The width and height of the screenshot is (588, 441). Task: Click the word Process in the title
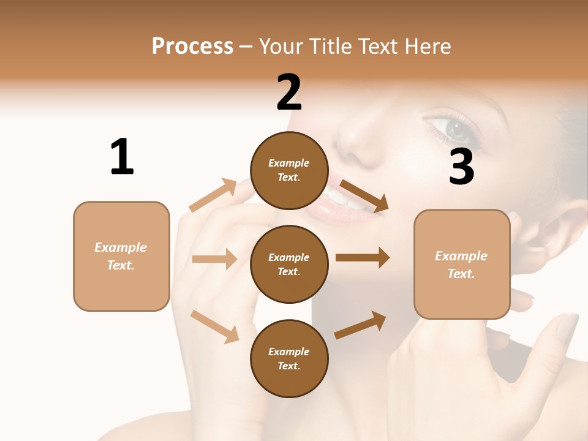tap(192, 47)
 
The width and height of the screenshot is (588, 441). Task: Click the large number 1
tap(122, 157)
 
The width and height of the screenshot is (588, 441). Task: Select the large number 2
tap(289, 92)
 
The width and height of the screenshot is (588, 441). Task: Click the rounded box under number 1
tap(121, 256)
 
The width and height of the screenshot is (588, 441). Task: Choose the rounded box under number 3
tap(462, 264)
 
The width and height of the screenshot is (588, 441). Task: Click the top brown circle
tap(289, 170)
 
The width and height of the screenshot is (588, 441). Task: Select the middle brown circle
tap(289, 264)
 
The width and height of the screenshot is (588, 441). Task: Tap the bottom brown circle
tap(289, 358)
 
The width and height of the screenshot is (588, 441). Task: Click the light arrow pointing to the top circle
tap(213, 195)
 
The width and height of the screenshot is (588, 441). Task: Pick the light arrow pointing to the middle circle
tap(214, 259)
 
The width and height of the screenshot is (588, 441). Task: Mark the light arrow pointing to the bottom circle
tap(214, 326)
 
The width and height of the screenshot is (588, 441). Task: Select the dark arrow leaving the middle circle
tap(362, 258)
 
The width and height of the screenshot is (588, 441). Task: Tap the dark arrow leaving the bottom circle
tap(360, 325)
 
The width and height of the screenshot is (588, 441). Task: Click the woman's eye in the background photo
tap(456, 129)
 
